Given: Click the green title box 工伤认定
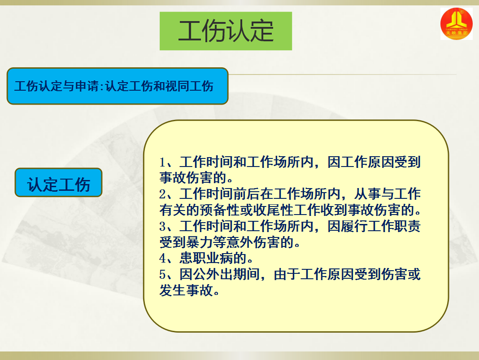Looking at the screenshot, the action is pyautogui.click(x=226, y=31).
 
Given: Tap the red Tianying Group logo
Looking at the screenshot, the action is pyautogui.click(x=457, y=23).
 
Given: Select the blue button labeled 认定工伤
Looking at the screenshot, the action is pyautogui.click(x=58, y=182).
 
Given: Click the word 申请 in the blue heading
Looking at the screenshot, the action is pyautogui.click(x=87, y=86).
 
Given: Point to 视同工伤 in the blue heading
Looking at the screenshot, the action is pyautogui.click(x=189, y=86).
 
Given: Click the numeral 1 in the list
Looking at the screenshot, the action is pyautogui.click(x=162, y=162).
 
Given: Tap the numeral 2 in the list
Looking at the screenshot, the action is pyautogui.click(x=162, y=194).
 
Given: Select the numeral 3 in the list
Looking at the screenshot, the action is pyautogui.click(x=162, y=226).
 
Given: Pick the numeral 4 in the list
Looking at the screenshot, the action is pyautogui.click(x=162, y=258).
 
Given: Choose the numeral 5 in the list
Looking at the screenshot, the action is pyautogui.click(x=162, y=274).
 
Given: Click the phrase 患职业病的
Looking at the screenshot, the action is pyautogui.click(x=213, y=258).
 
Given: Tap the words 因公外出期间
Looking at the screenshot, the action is pyautogui.click(x=220, y=274).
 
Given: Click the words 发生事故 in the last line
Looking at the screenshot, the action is pyautogui.click(x=186, y=290).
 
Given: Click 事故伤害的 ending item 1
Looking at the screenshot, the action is pyautogui.click(x=193, y=178).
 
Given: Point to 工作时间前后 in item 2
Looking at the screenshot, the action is pyautogui.click(x=220, y=194).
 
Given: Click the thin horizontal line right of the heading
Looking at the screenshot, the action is pyautogui.click(x=343, y=75).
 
